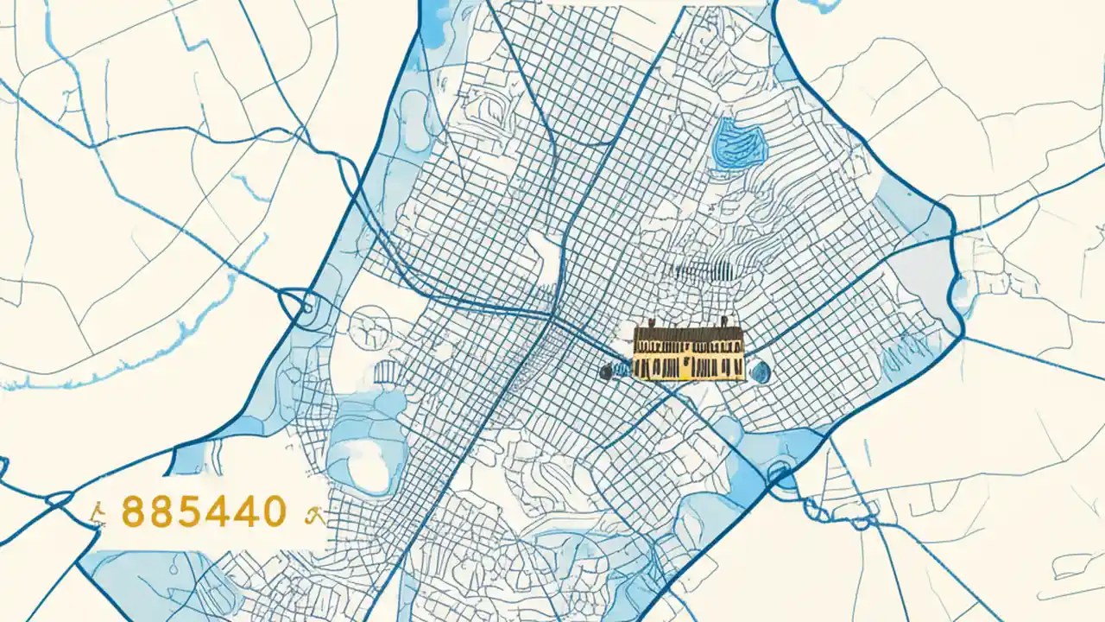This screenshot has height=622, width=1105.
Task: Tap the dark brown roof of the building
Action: [689, 333]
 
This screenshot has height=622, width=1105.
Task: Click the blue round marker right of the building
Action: [760, 371]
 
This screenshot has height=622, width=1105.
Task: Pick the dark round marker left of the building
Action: [606, 371]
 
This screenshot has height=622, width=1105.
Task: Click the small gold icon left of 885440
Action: [99, 515]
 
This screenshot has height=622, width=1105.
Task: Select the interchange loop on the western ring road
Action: [298, 307]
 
